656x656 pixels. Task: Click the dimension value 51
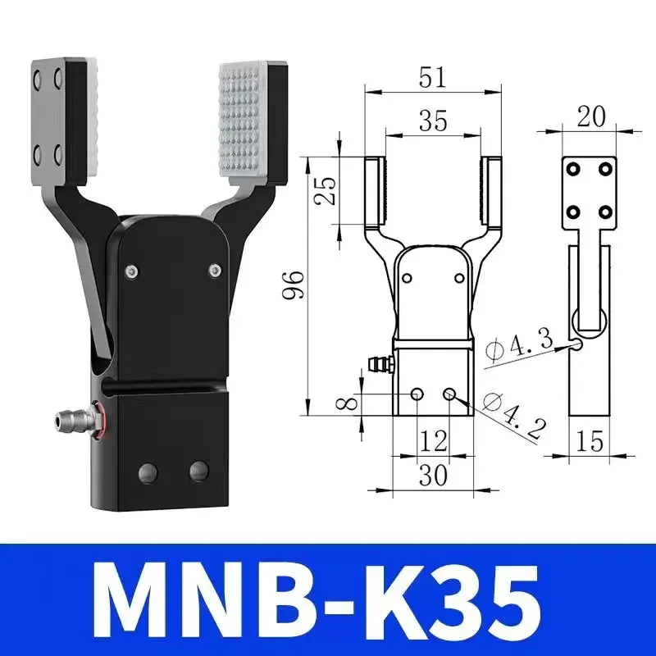(432, 78)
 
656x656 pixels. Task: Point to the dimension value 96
(296, 285)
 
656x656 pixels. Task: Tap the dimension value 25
(326, 190)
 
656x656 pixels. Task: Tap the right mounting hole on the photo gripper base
(198, 471)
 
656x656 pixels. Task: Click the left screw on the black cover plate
(130, 271)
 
